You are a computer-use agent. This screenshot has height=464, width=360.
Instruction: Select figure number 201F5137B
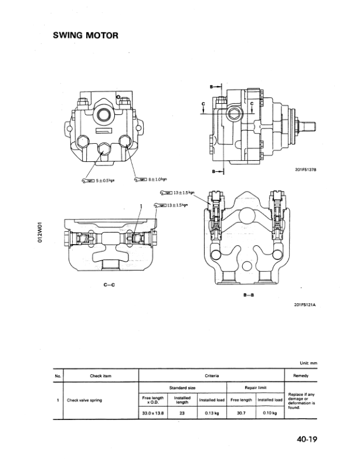[303, 171]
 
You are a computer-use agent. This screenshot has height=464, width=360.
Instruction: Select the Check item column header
[100, 375]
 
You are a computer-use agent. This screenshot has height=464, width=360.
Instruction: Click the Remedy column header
[300, 375]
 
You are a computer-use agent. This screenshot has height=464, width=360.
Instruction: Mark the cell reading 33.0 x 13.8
[152, 414]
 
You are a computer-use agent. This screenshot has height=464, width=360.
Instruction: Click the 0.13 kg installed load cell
[212, 414]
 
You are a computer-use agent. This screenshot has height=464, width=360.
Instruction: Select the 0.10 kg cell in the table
[270, 414]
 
